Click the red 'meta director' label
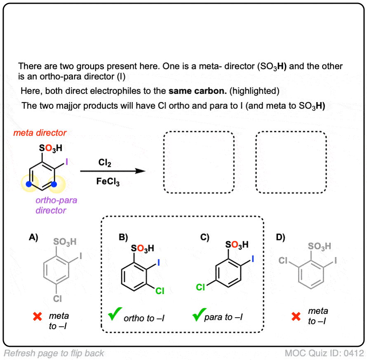(x=40, y=133)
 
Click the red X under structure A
(x=38, y=316)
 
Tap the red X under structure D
(x=295, y=316)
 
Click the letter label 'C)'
(x=205, y=237)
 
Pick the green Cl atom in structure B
(x=160, y=291)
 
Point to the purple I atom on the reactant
(x=67, y=164)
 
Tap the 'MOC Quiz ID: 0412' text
(x=325, y=353)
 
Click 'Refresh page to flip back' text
(x=54, y=353)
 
